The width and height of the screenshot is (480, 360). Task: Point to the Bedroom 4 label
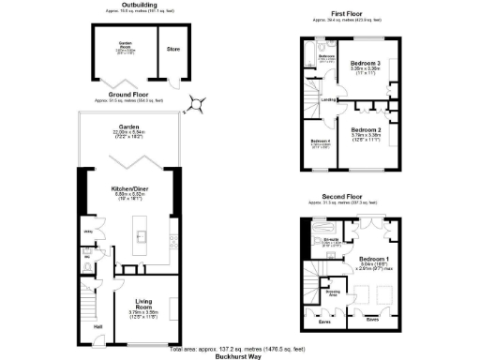click(320, 142)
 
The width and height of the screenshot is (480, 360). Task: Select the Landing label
click(329, 99)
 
